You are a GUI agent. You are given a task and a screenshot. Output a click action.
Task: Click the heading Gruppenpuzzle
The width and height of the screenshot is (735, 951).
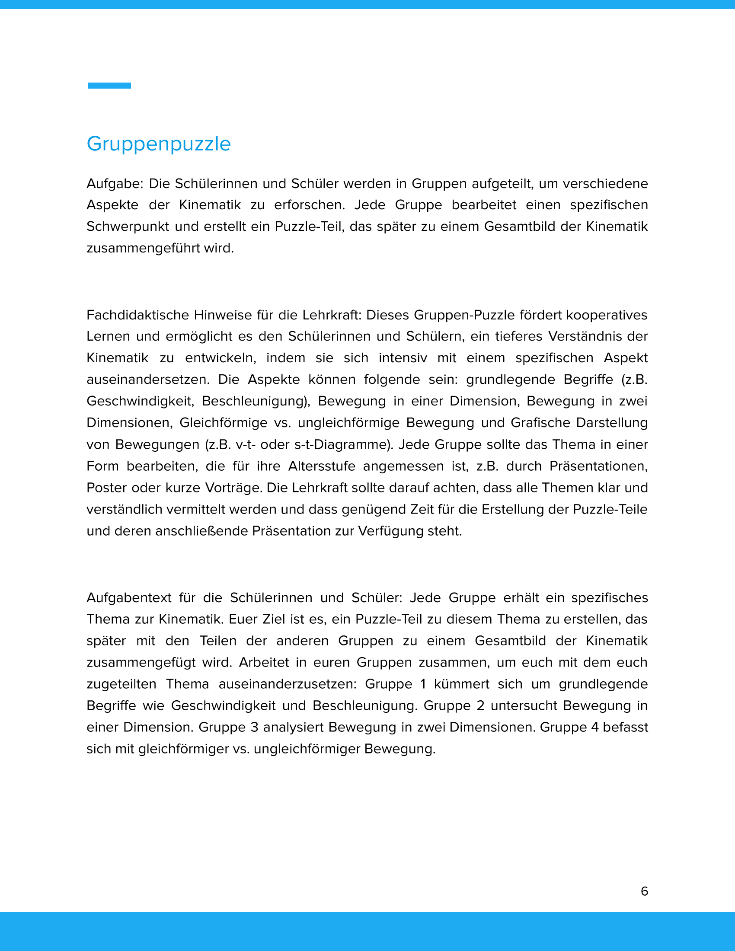point(159,144)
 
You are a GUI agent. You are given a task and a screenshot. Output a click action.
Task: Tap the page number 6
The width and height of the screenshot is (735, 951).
point(645,891)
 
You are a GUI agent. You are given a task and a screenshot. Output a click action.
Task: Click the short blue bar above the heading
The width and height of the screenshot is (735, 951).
point(109,86)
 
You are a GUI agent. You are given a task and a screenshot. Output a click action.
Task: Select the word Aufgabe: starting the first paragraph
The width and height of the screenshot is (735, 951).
point(115,184)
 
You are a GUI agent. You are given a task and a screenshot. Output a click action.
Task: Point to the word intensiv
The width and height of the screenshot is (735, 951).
point(403,358)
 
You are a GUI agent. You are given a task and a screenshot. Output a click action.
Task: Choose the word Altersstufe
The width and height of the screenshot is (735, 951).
point(322,466)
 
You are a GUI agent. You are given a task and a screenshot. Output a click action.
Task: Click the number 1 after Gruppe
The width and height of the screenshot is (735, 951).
point(423,684)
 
